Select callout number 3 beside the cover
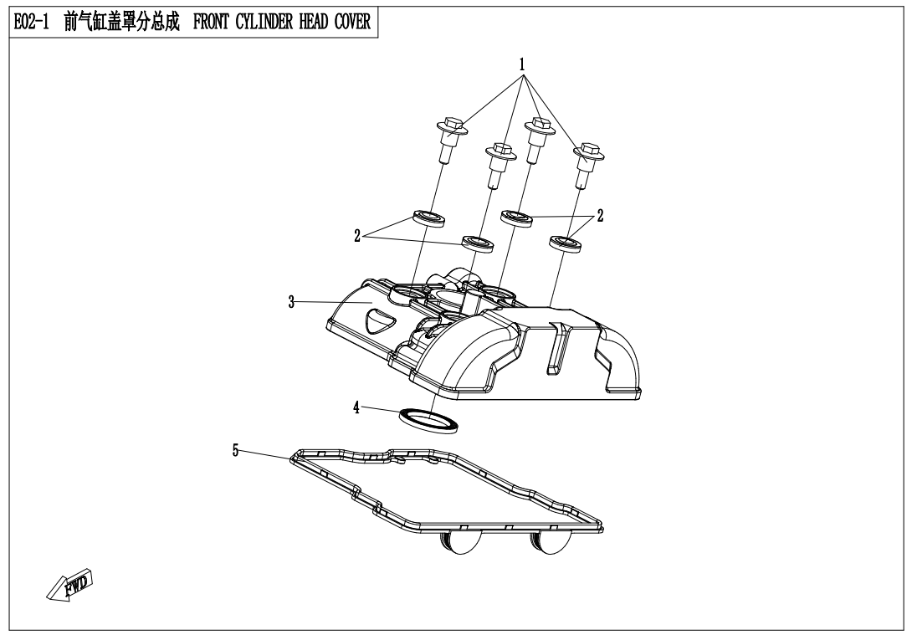[x=291, y=302]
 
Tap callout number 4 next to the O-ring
[x=356, y=407]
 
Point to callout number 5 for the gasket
[x=236, y=451]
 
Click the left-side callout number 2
[x=357, y=236]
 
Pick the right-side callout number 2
[x=600, y=216]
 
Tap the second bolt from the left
[x=500, y=162]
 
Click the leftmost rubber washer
[x=428, y=220]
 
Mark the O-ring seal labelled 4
[x=430, y=421]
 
